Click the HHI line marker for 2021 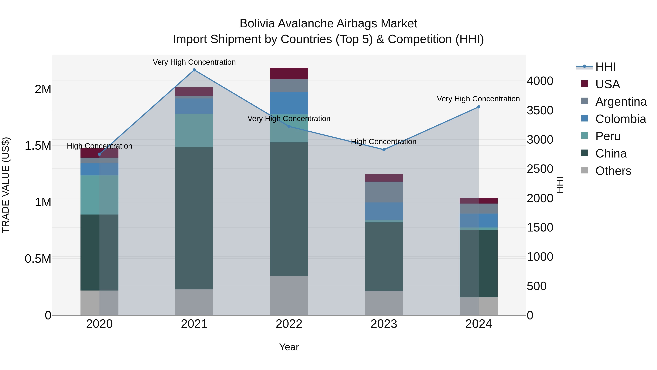point(194,70)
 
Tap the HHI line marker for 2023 point(384,150)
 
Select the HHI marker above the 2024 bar point(479,107)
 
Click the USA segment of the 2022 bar point(289,73)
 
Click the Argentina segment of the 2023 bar point(384,192)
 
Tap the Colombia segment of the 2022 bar point(289,103)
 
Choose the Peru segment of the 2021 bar point(194,130)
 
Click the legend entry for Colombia point(620,119)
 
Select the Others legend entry point(613,171)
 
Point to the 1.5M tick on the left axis point(38,146)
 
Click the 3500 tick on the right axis point(540,111)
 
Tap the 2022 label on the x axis point(289,324)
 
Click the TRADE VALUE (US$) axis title point(6,185)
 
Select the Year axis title point(289,347)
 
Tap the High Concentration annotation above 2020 point(99,146)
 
